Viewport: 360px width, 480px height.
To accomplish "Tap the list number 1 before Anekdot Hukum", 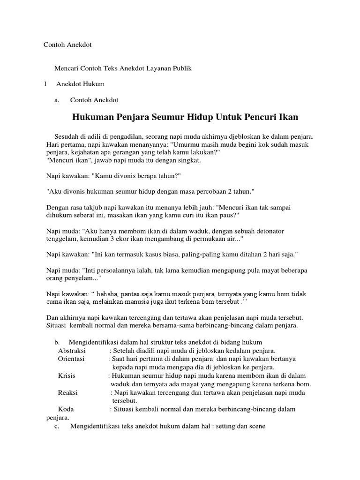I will point(45,84).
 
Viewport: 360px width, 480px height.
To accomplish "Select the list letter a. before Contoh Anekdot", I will point(57,100).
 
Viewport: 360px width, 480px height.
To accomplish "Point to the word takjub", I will point(99,207).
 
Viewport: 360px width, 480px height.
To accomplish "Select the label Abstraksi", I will point(73,351).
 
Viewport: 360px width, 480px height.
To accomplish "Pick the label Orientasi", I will point(71,359).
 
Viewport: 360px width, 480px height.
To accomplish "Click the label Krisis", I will point(67,375).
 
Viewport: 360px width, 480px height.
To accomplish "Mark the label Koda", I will point(66,409).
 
